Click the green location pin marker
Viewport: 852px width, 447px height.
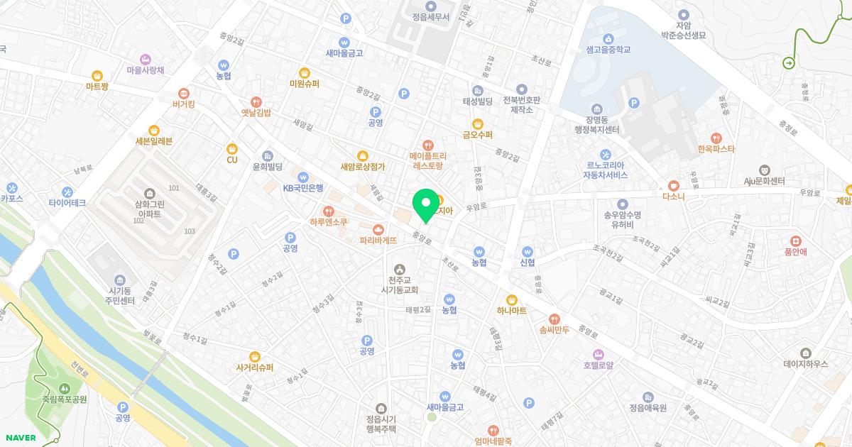coord(426,204)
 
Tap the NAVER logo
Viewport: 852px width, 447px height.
coord(21,438)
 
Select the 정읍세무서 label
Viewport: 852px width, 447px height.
coord(430,17)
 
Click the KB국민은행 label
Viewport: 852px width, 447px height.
coord(303,188)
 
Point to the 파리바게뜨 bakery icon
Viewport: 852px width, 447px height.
coord(378,229)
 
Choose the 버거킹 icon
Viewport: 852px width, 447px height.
coord(184,93)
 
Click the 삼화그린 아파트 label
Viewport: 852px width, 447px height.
coord(149,208)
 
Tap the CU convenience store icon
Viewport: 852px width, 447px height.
coord(232,148)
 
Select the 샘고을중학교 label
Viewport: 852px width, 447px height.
coord(608,50)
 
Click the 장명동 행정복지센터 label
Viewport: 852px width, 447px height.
coord(597,124)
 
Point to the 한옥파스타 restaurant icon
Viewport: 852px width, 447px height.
coord(716,137)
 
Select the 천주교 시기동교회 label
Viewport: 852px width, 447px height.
coord(400,285)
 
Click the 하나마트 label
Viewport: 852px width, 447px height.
coord(511,311)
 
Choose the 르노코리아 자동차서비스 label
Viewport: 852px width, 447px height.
coord(605,170)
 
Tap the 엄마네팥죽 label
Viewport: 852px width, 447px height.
coord(493,441)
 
